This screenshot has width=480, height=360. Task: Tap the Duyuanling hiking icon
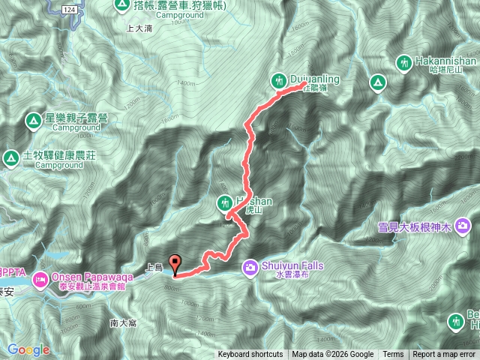coord(279,79)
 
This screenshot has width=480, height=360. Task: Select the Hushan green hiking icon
coord(224,202)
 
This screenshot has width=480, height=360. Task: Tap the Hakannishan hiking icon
coord(404,62)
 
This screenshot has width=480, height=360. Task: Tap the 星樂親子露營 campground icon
coord(33,119)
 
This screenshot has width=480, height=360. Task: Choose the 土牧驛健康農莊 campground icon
coord(10,157)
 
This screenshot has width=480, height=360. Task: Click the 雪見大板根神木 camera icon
coord(463,225)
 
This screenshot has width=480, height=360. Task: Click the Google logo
coord(28,349)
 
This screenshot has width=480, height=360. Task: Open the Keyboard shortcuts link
coord(250,355)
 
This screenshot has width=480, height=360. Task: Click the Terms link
coord(393,355)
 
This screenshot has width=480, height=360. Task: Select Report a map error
coord(445,355)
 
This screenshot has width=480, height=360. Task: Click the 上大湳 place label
coord(140,28)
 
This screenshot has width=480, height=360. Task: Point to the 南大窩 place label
coord(122,323)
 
